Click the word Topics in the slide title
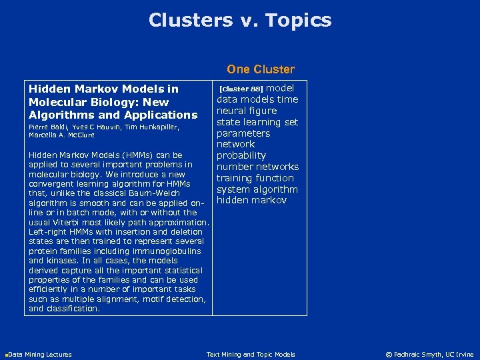pos(297,21)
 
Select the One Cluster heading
pos(260,69)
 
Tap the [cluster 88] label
pos(241,89)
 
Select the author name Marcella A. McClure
pos(61,135)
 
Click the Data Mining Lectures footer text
pos(40,355)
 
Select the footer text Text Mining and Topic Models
pos(251,355)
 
